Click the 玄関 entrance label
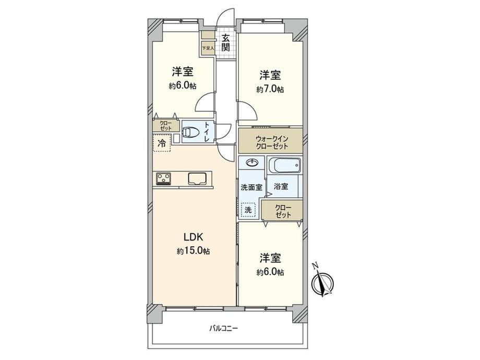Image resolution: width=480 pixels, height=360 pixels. click(226, 43)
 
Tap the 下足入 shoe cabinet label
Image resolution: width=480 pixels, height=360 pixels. click(208, 48)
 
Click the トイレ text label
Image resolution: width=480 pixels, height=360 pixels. click(208, 132)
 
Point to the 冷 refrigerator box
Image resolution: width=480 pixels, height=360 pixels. click(162, 143)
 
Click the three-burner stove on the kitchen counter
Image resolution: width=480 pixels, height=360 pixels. click(164, 179)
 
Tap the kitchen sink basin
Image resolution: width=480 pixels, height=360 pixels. click(197, 179)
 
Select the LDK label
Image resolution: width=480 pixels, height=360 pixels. click(193, 237)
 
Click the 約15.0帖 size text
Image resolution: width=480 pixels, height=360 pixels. click(193, 251)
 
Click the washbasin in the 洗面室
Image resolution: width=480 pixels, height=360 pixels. click(251, 163)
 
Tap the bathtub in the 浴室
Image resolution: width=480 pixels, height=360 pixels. click(285, 165)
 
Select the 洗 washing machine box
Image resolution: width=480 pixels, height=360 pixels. click(248, 210)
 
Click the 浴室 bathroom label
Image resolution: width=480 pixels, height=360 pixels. click(281, 186)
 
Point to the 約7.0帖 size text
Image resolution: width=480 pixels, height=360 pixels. click(270, 89)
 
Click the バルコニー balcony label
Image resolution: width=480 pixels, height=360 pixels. click(223, 329)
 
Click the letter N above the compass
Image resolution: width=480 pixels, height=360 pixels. click(315, 266)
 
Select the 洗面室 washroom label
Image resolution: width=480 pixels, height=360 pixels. click(251, 187)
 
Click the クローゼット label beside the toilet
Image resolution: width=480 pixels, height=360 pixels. click(165, 126)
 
